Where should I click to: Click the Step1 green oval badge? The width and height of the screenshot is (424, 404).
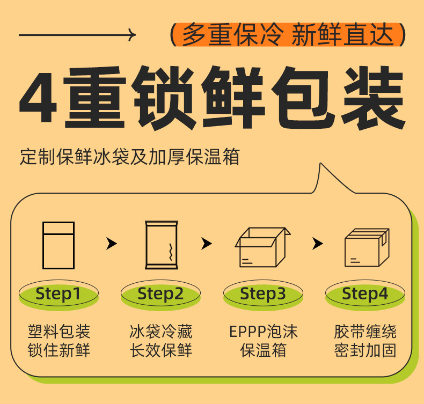point(59,294)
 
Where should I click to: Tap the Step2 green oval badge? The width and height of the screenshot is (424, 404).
point(160,294)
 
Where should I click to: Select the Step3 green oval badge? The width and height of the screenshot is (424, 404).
point(263,294)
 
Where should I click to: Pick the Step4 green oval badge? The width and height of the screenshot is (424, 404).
point(365,294)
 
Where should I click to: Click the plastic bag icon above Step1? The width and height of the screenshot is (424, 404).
point(59,245)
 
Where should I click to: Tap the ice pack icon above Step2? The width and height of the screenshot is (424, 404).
point(161,245)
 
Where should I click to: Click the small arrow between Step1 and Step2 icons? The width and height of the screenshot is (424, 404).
point(111,244)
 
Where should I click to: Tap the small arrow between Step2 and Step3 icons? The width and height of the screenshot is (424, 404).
point(207,244)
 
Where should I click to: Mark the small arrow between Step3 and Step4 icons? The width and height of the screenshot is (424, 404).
point(318,244)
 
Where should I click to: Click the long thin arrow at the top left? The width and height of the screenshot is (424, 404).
point(77,35)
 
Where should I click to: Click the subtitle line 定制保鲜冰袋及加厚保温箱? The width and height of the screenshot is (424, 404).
point(129,157)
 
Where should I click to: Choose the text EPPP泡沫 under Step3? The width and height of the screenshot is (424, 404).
point(263,332)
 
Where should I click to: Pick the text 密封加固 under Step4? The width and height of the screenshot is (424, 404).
point(365,351)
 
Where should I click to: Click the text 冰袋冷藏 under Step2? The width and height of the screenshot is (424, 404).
point(160,332)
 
